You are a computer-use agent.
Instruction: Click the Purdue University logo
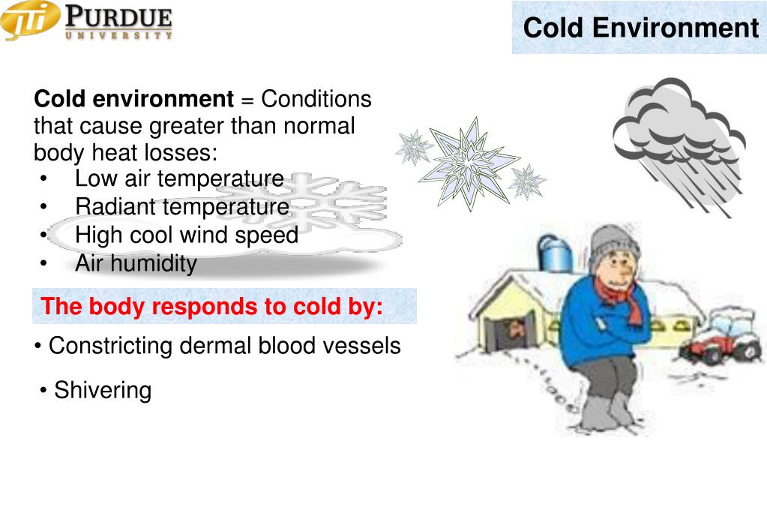pyautogui.click(x=88, y=21)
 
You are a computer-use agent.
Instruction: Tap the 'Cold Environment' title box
pyautogui.click(x=640, y=28)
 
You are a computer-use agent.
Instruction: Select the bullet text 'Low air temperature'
pyautogui.click(x=179, y=179)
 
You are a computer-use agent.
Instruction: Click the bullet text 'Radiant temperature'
pyautogui.click(x=182, y=207)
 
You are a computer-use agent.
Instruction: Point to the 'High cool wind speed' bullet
pyautogui.click(x=187, y=235)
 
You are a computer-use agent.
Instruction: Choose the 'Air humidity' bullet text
pyautogui.click(x=136, y=264)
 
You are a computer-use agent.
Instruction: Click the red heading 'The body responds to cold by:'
pyautogui.click(x=212, y=307)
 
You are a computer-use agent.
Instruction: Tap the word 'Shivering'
pyautogui.click(x=103, y=391)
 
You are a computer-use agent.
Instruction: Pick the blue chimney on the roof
pyautogui.click(x=556, y=253)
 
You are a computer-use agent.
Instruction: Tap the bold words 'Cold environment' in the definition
pyautogui.click(x=134, y=99)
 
